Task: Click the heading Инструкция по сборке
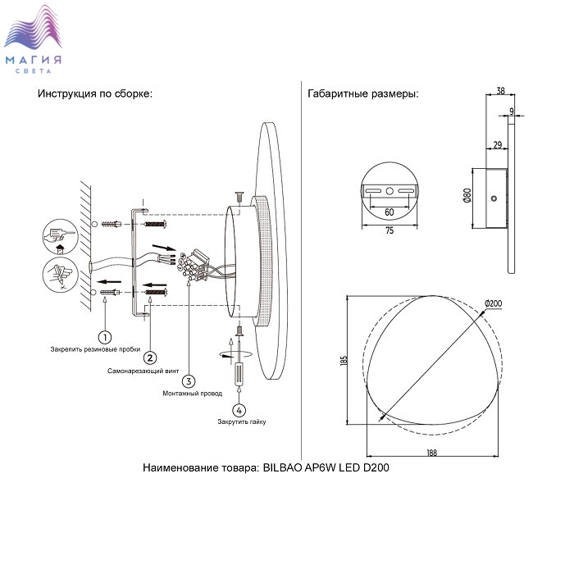pos(95,93)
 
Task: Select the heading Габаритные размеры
pos(363,93)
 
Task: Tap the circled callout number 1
pos(105,336)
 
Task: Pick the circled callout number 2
pos(149,358)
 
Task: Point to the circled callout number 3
pos(189,380)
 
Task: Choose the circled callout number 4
pos(239,409)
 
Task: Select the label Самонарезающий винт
pos(143,371)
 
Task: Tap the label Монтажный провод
pos(193,394)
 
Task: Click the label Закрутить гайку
pos(242,421)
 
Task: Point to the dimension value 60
pos(389,212)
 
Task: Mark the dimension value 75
pos(389,231)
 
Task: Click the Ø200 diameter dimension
pos(494,304)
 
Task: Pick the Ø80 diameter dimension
pos(467,195)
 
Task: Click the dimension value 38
pos(501,93)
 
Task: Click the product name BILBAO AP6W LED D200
pos(326,468)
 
